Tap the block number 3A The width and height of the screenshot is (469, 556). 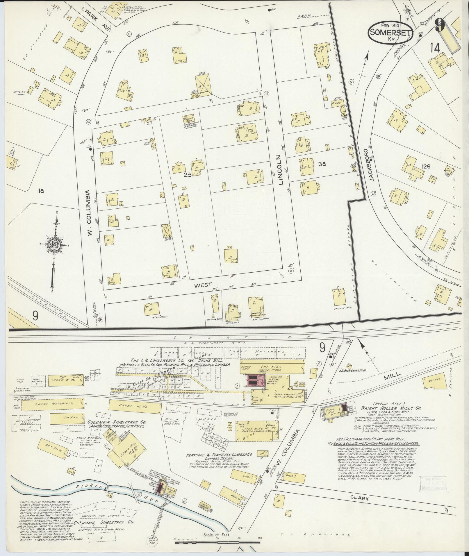coord(322,165)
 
